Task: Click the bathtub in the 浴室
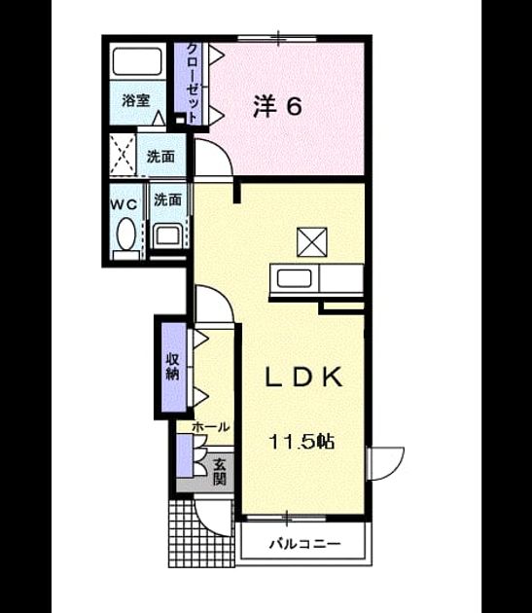click(137, 61)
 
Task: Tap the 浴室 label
click(135, 100)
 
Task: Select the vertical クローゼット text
click(193, 83)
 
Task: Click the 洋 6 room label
click(277, 106)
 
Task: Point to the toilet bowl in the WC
click(125, 234)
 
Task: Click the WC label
click(124, 204)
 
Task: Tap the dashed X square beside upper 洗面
click(123, 154)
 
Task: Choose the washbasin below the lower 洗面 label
click(168, 235)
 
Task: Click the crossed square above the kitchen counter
click(312, 242)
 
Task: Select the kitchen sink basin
click(294, 278)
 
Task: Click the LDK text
click(303, 377)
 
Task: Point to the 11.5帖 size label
click(301, 442)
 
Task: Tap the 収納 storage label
click(172, 367)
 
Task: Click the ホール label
click(210, 427)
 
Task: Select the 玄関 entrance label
click(220, 472)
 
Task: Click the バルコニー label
click(305, 543)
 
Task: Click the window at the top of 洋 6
click(277, 38)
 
